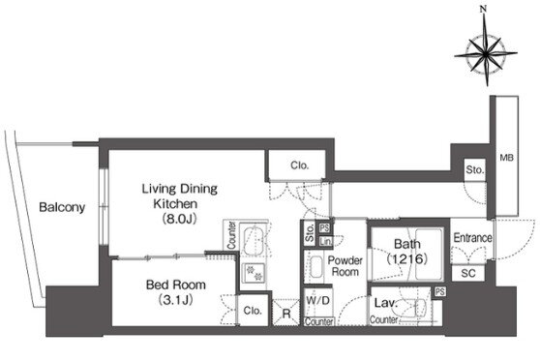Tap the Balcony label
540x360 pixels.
[x=62, y=207]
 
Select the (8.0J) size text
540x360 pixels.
[x=179, y=219]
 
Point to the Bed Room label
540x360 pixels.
[x=176, y=285]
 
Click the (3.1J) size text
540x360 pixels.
[x=175, y=300]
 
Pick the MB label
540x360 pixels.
[x=506, y=158]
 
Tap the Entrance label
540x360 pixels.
[x=472, y=238]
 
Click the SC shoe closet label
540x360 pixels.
[x=468, y=273]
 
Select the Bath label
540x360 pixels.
[x=407, y=244]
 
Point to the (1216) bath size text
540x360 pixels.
[x=407, y=258]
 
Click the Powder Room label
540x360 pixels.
[x=345, y=266]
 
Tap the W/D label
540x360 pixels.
[x=317, y=300]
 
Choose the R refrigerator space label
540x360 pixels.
[x=286, y=314]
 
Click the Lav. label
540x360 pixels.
[x=386, y=303]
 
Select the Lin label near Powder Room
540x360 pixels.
[x=325, y=242]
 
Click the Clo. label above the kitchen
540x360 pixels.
[x=300, y=165]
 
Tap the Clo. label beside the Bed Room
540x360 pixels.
[x=253, y=311]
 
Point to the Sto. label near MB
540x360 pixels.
[x=474, y=169]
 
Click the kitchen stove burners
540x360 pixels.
[x=254, y=272]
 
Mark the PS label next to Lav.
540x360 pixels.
[x=439, y=292]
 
